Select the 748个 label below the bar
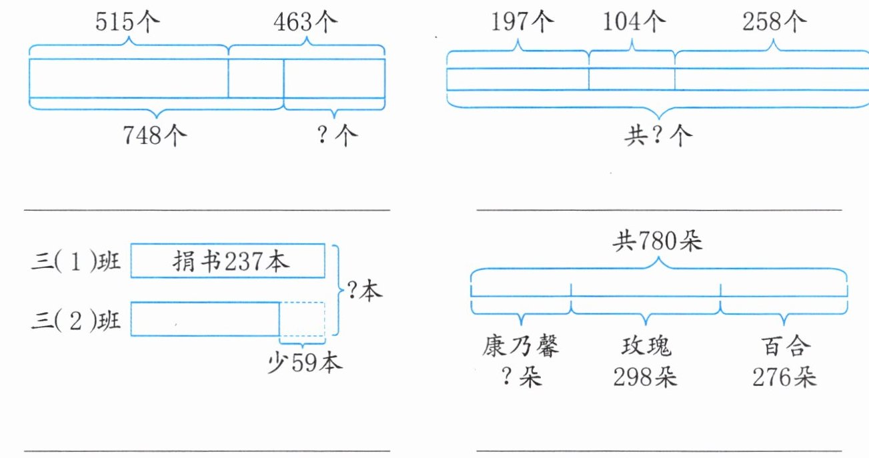click(154, 136)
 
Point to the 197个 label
click(522, 23)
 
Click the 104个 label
click(634, 23)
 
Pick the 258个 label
click(774, 23)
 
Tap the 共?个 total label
click(658, 136)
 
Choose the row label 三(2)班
click(76, 320)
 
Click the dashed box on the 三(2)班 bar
click(302, 319)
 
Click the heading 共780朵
click(658, 242)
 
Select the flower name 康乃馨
click(521, 347)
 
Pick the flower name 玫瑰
click(645, 347)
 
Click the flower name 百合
click(784, 347)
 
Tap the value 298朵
click(645, 377)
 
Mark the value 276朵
click(784, 377)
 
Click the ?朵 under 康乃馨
click(521, 377)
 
